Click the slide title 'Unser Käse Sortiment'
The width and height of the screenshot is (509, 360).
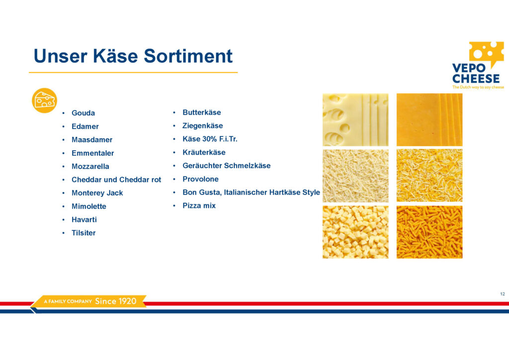pyautogui.click(x=133, y=56)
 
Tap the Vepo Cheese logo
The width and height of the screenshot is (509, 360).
pyautogui.click(x=478, y=65)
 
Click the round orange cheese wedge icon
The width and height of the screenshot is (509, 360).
pyautogui.click(x=44, y=100)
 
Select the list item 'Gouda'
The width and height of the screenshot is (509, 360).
pyautogui.click(x=83, y=113)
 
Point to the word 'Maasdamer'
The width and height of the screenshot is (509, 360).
pyautogui.click(x=92, y=140)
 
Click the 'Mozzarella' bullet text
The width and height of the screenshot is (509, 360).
pyautogui.click(x=90, y=166)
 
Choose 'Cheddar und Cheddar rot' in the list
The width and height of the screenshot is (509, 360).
pyautogui.click(x=116, y=180)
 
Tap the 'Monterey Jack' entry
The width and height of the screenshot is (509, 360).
pyautogui.click(x=97, y=193)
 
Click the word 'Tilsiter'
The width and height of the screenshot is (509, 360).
pyautogui.click(x=84, y=233)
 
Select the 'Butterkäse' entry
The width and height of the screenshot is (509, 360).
pyautogui.click(x=202, y=112)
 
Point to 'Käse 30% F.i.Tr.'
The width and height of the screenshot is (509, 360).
pyautogui.click(x=210, y=139)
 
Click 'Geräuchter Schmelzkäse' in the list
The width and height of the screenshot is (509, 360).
pyautogui.click(x=226, y=166)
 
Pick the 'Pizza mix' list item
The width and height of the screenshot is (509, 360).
pyautogui.click(x=199, y=205)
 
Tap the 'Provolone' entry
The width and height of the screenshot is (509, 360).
pyautogui.click(x=200, y=179)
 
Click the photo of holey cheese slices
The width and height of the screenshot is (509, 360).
pyautogui.click(x=355, y=120)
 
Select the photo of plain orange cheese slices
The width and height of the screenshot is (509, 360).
pyautogui.click(x=429, y=120)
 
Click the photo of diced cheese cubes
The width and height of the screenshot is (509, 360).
pyautogui.click(x=355, y=232)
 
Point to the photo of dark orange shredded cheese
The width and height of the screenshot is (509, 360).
pyautogui.click(x=429, y=232)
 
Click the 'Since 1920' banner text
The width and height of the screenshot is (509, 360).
pyautogui.click(x=115, y=301)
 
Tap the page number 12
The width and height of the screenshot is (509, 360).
pyautogui.click(x=503, y=294)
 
